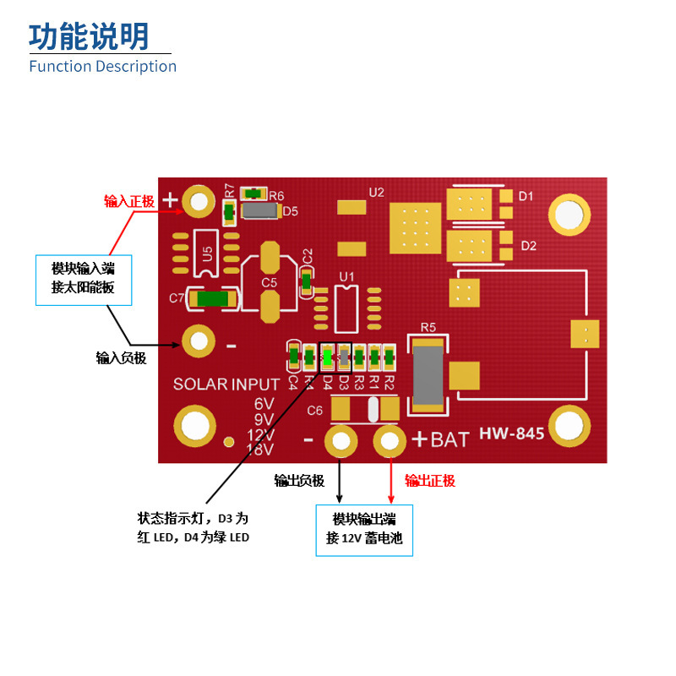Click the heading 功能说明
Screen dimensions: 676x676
click(89, 36)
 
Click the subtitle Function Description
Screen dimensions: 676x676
click(102, 66)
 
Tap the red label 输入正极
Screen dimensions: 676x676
click(129, 201)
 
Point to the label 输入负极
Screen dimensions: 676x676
click(121, 357)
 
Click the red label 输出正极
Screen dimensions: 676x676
click(430, 481)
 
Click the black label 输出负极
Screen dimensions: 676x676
click(299, 481)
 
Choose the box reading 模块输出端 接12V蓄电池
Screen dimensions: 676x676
click(364, 530)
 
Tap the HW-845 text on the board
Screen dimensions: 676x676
click(511, 434)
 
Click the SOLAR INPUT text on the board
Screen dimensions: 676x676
click(226, 384)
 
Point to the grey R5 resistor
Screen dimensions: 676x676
click(428, 373)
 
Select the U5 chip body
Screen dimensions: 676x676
click(206, 252)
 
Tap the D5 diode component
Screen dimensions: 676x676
click(261, 210)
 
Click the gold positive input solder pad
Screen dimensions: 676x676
click(199, 201)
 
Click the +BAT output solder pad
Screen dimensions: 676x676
click(390, 440)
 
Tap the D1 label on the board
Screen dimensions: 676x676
click(526, 196)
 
